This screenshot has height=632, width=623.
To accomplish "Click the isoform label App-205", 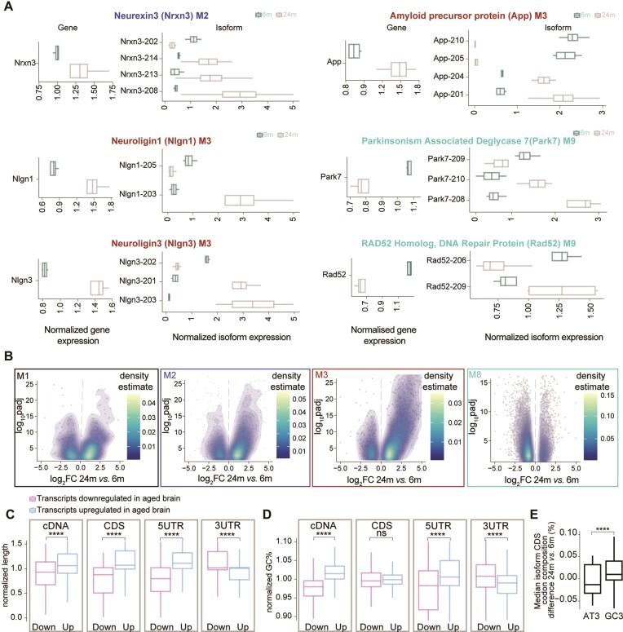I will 450,55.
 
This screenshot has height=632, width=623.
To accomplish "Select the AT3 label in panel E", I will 555,625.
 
